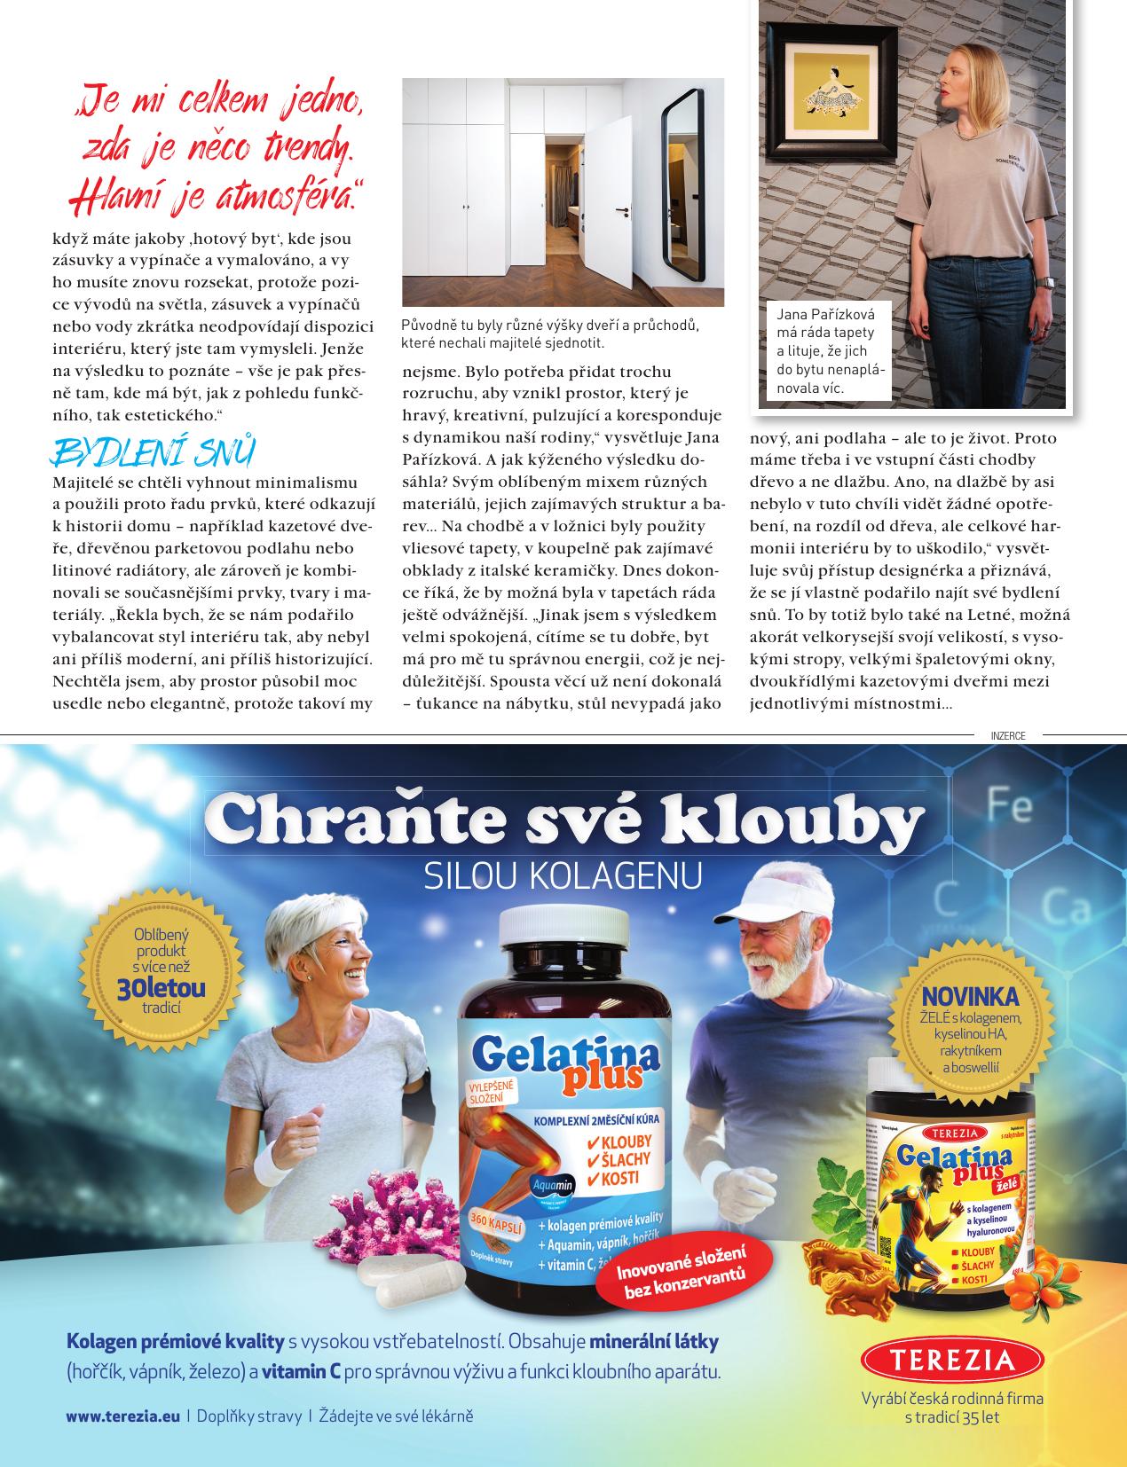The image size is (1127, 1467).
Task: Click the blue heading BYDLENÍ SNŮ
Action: pos(154,452)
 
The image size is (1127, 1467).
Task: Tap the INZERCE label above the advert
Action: pos(1007,735)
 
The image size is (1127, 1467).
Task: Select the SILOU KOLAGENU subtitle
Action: pos(563,875)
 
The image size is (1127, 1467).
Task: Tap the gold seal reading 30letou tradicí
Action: pos(162,969)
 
